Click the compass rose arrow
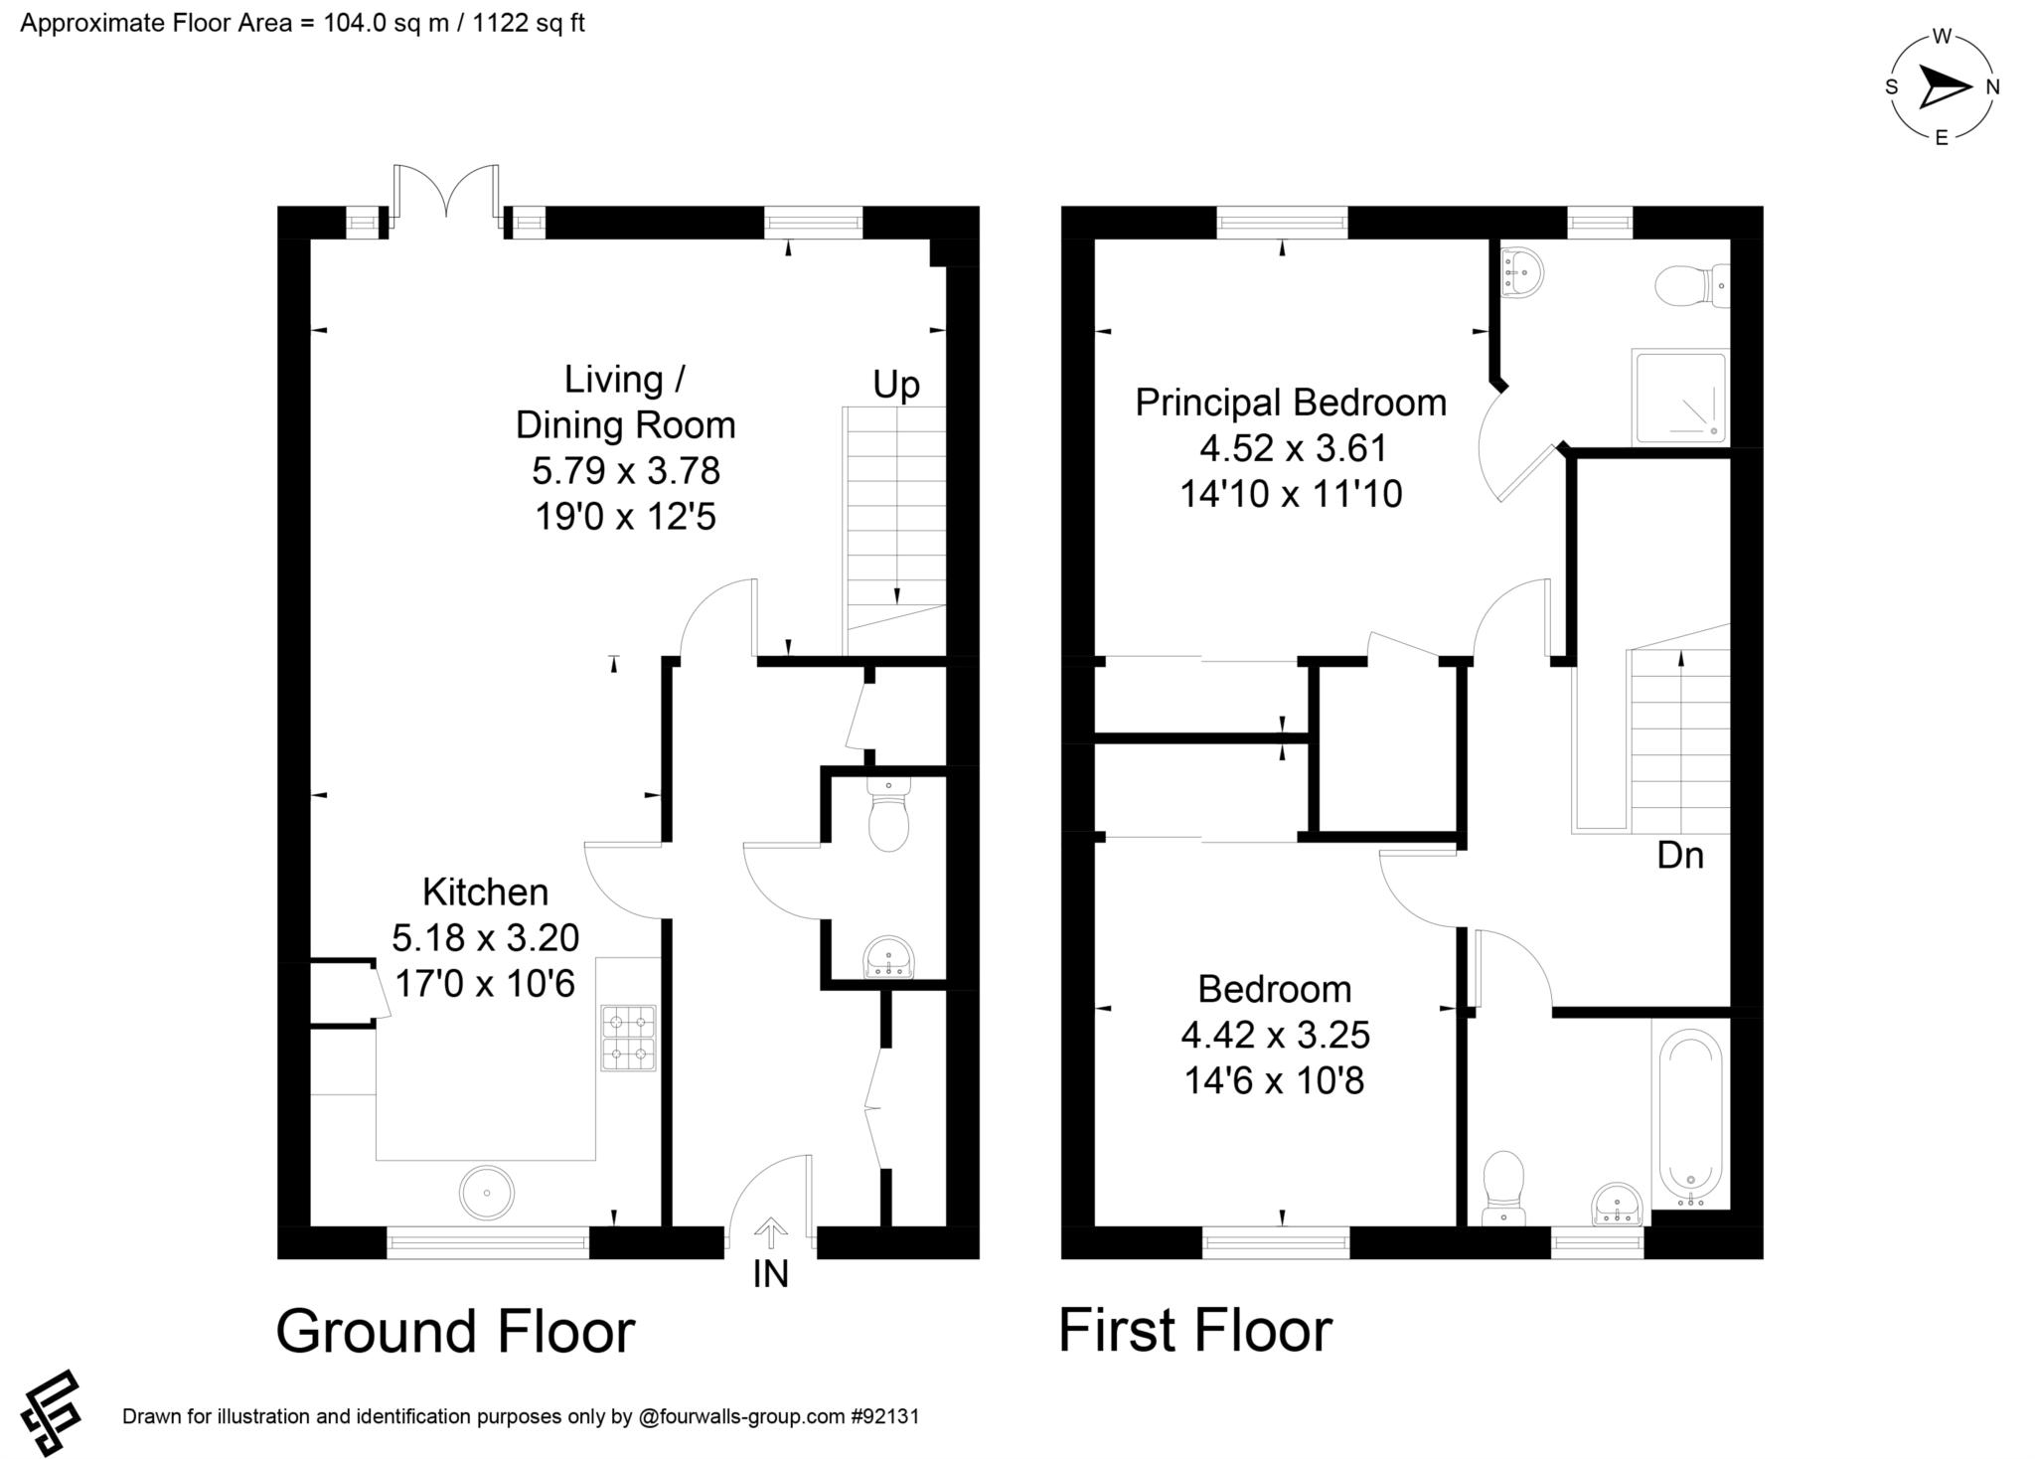click(1944, 87)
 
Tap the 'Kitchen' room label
click(485, 892)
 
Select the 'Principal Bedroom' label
click(1291, 403)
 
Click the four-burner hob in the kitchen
click(628, 1038)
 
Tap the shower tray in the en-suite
click(1679, 397)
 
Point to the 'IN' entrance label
click(771, 1273)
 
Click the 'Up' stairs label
click(896, 384)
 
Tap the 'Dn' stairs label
click(1680, 855)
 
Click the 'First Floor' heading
click(1195, 1331)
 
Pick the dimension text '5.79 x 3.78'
click(626, 470)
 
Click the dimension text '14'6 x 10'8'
click(1274, 1080)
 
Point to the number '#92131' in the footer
click(884, 1416)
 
